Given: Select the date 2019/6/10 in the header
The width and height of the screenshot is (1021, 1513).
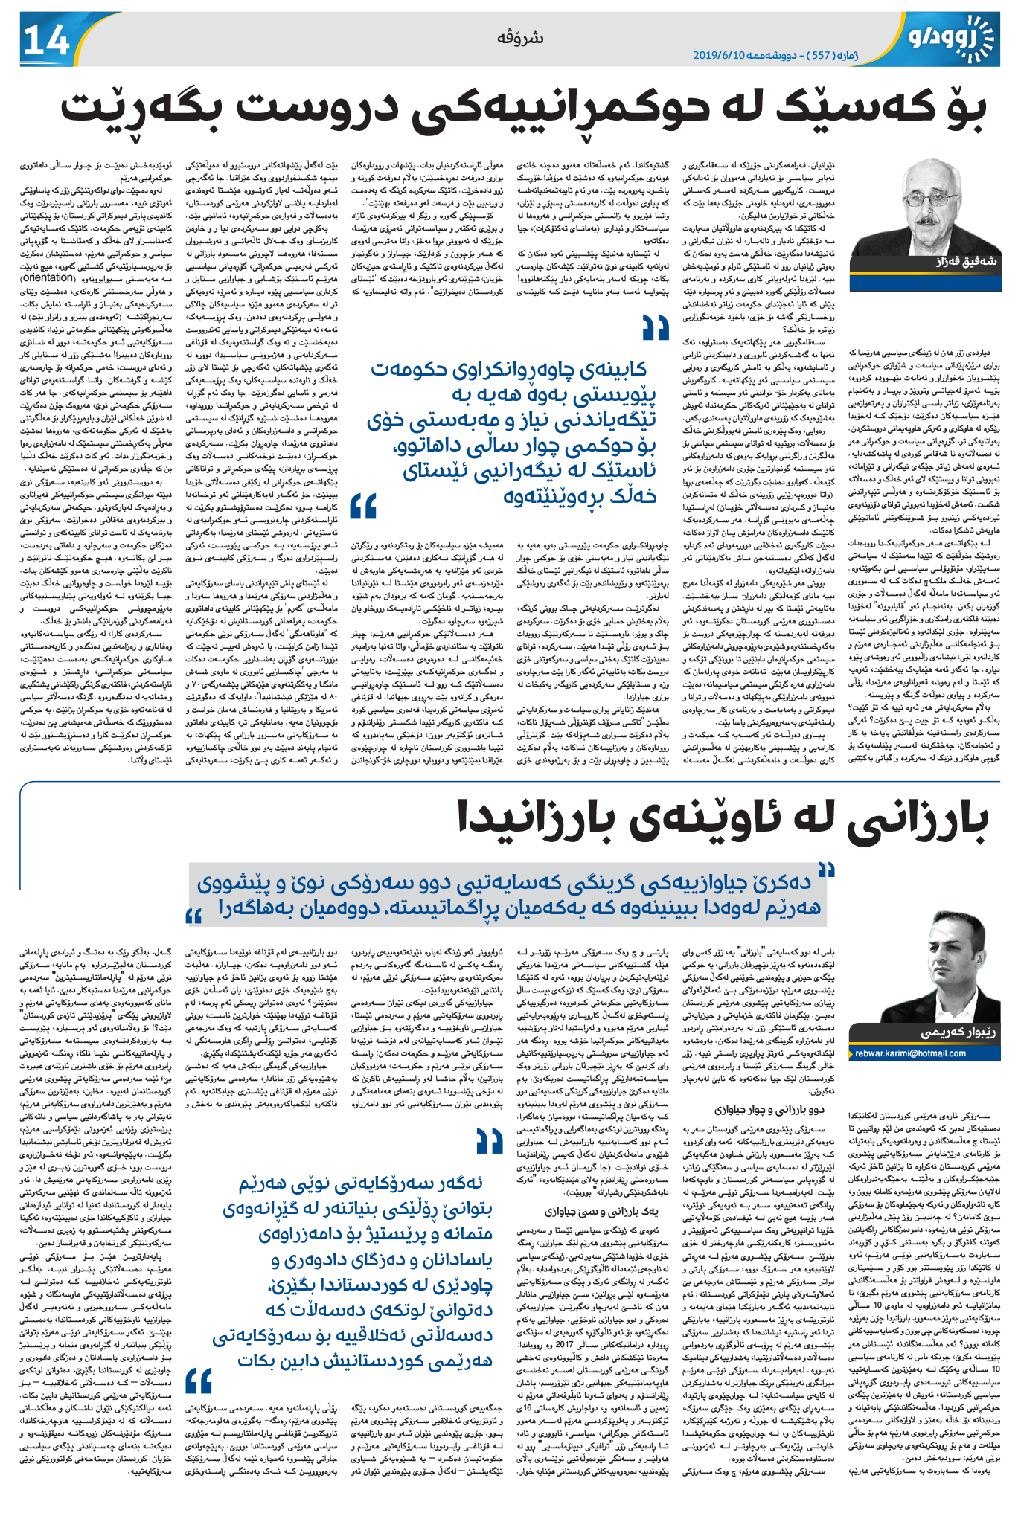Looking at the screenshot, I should point(719,56).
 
